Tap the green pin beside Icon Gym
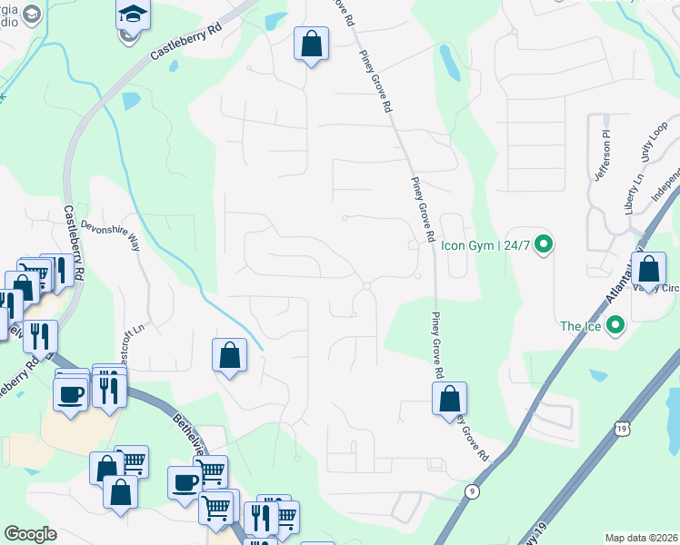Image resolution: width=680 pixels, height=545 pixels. click(x=544, y=243)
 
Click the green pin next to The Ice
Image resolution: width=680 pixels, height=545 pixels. click(x=615, y=324)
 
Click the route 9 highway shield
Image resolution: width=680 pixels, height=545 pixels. click(x=472, y=491)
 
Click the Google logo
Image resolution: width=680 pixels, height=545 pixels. click(x=30, y=533)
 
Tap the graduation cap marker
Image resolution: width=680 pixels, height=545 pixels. click(x=132, y=15)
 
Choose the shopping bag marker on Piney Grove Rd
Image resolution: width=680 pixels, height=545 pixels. click(x=449, y=399)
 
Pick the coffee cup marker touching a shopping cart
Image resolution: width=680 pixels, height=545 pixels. click(x=185, y=481)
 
